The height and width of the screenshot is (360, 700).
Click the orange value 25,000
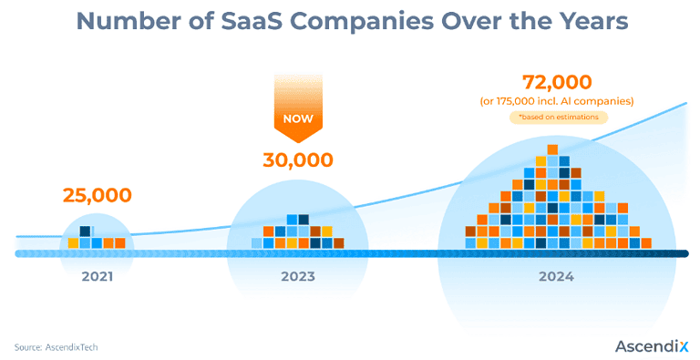97,195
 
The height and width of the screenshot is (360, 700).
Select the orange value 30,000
297,160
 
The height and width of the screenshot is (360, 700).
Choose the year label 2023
297,276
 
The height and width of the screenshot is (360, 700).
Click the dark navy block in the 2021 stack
86,231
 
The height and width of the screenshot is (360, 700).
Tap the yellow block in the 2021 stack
74,243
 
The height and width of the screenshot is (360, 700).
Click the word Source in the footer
27,346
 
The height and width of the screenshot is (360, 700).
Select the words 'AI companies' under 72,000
602,100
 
